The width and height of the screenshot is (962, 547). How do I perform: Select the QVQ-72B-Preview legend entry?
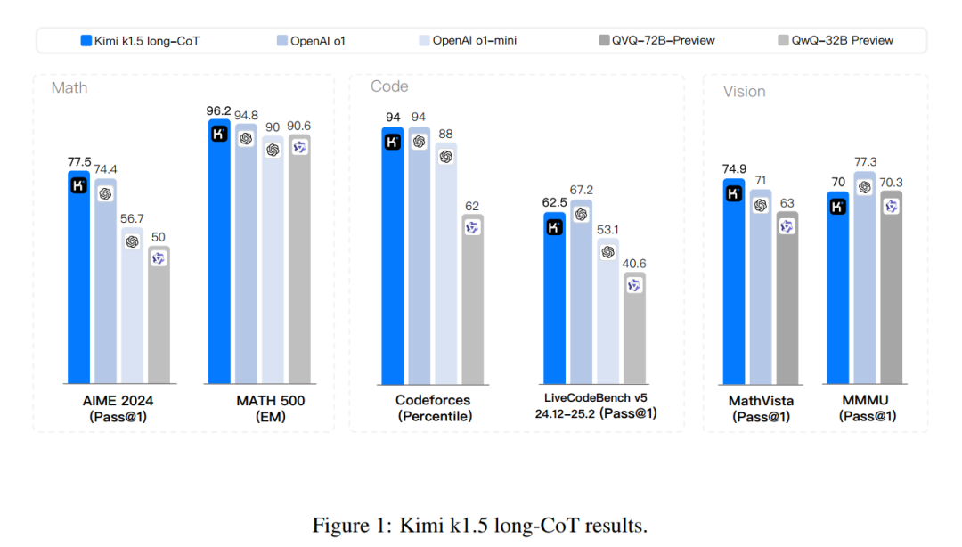click(x=656, y=40)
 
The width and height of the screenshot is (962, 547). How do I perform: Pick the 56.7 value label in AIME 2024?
click(x=132, y=218)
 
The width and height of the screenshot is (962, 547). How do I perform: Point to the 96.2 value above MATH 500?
click(x=218, y=111)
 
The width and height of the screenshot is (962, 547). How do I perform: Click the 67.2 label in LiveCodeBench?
click(x=581, y=191)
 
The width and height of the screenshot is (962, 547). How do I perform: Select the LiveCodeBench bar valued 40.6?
click(x=634, y=329)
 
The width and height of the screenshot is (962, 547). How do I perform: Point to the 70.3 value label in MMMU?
click(x=891, y=182)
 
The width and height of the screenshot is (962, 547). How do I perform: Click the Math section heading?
click(x=69, y=87)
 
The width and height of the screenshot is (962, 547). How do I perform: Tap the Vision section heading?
click(x=744, y=91)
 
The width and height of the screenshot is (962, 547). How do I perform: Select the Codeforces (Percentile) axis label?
click(x=434, y=408)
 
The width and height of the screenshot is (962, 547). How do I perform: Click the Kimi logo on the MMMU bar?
click(x=837, y=207)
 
